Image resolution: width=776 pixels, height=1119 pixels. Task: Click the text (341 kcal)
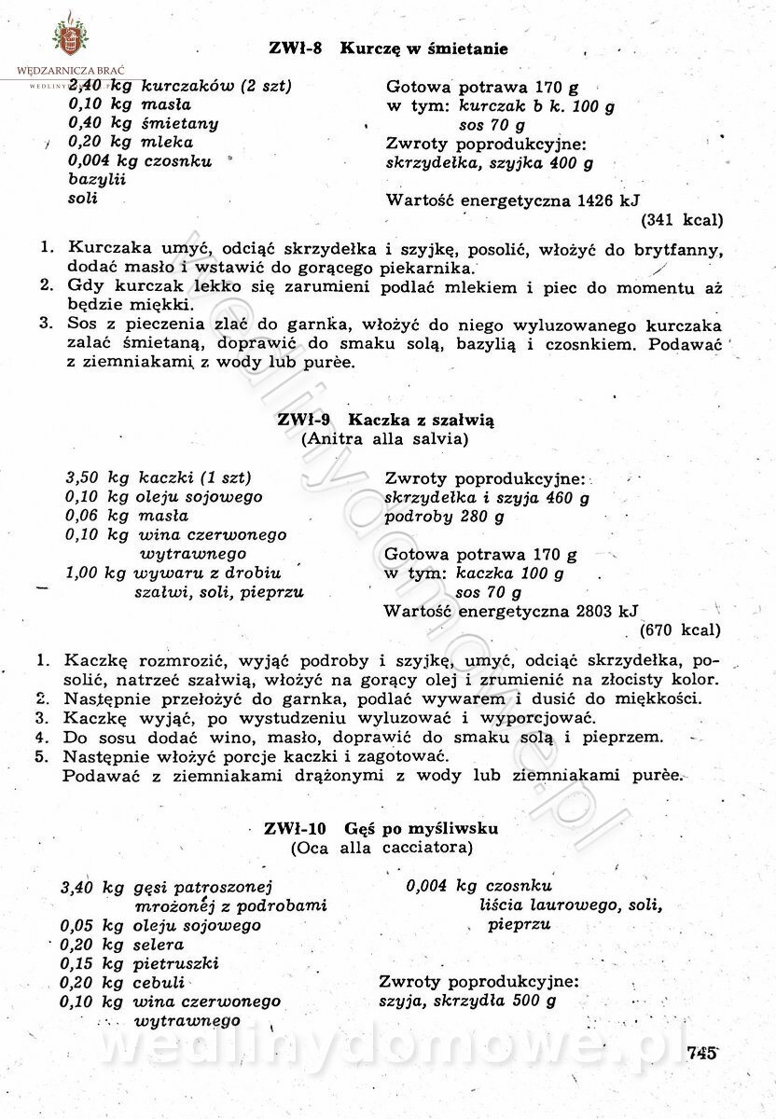681,221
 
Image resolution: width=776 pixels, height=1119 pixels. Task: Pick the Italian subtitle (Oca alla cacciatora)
381,848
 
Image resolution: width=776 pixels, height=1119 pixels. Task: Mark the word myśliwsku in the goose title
456,828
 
